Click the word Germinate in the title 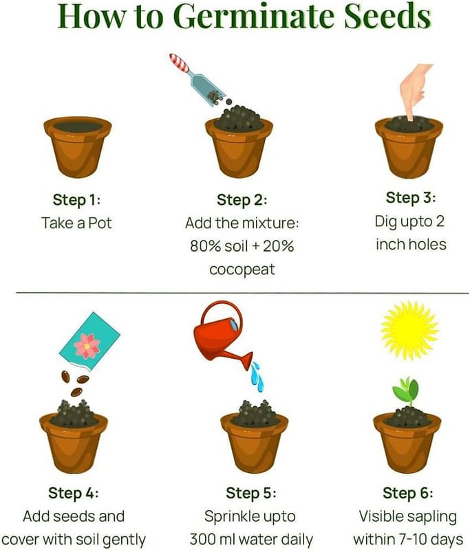pyautogui.click(x=253, y=16)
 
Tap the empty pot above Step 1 pyautogui.click(x=78, y=147)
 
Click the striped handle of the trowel pyautogui.click(x=179, y=63)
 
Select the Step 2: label pyautogui.click(x=242, y=199)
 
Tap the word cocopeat pyautogui.click(x=242, y=269)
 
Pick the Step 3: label pyautogui.click(x=411, y=197)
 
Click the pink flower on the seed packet pyautogui.click(x=87, y=346)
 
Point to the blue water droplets pyautogui.click(x=257, y=376)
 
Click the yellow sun pyautogui.click(x=409, y=331)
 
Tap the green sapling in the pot pyautogui.click(x=407, y=390)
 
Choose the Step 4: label pyautogui.click(x=74, y=493)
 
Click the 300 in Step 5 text pyautogui.click(x=202, y=539)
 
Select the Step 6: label pyautogui.click(x=408, y=493)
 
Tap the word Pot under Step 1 pyautogui.click(x=100, y=223)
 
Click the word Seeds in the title pyautogui.click(x=387, y=16)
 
